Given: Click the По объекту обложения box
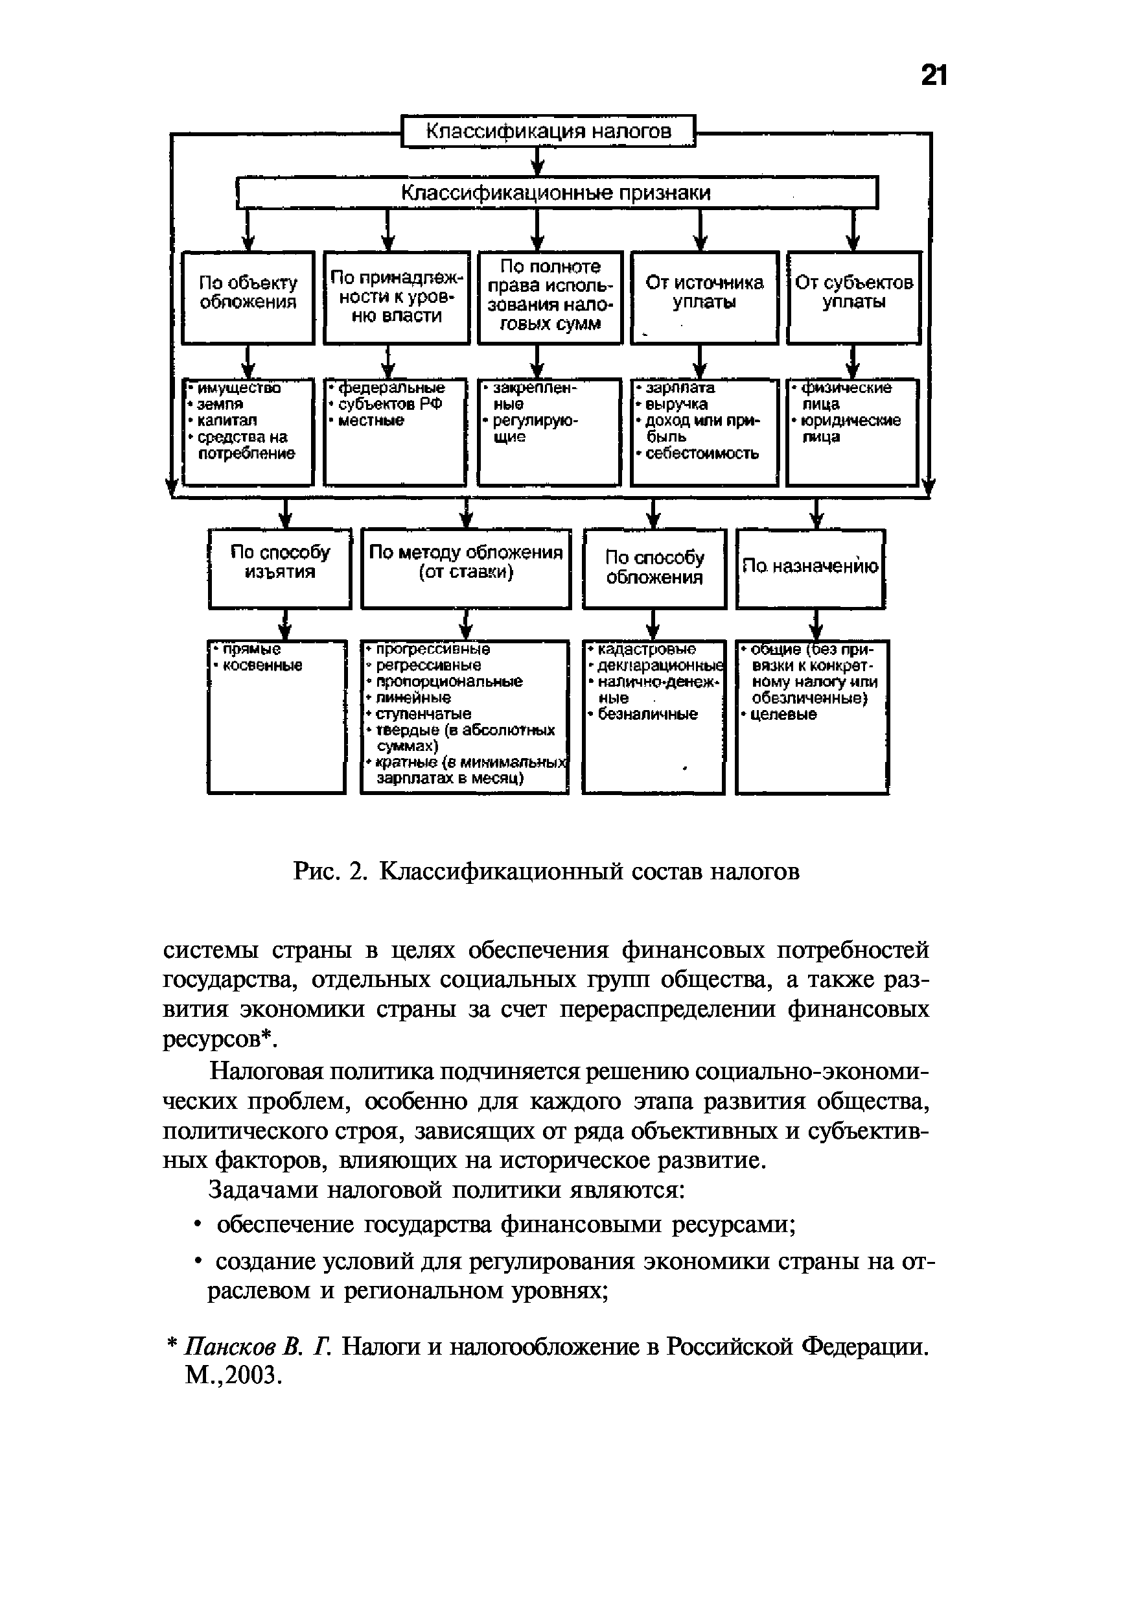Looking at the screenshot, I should coord(248,297).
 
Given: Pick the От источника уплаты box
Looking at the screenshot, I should coord(704,297).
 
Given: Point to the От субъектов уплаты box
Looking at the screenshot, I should coord(854,297).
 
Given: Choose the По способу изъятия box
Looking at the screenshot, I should coord(280,568).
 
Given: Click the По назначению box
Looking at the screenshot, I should coord(810,568).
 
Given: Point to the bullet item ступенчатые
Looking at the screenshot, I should coord(423,714).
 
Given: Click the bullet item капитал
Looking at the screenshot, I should coord(227,421).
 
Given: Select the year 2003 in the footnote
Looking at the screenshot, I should coord(258,1375).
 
